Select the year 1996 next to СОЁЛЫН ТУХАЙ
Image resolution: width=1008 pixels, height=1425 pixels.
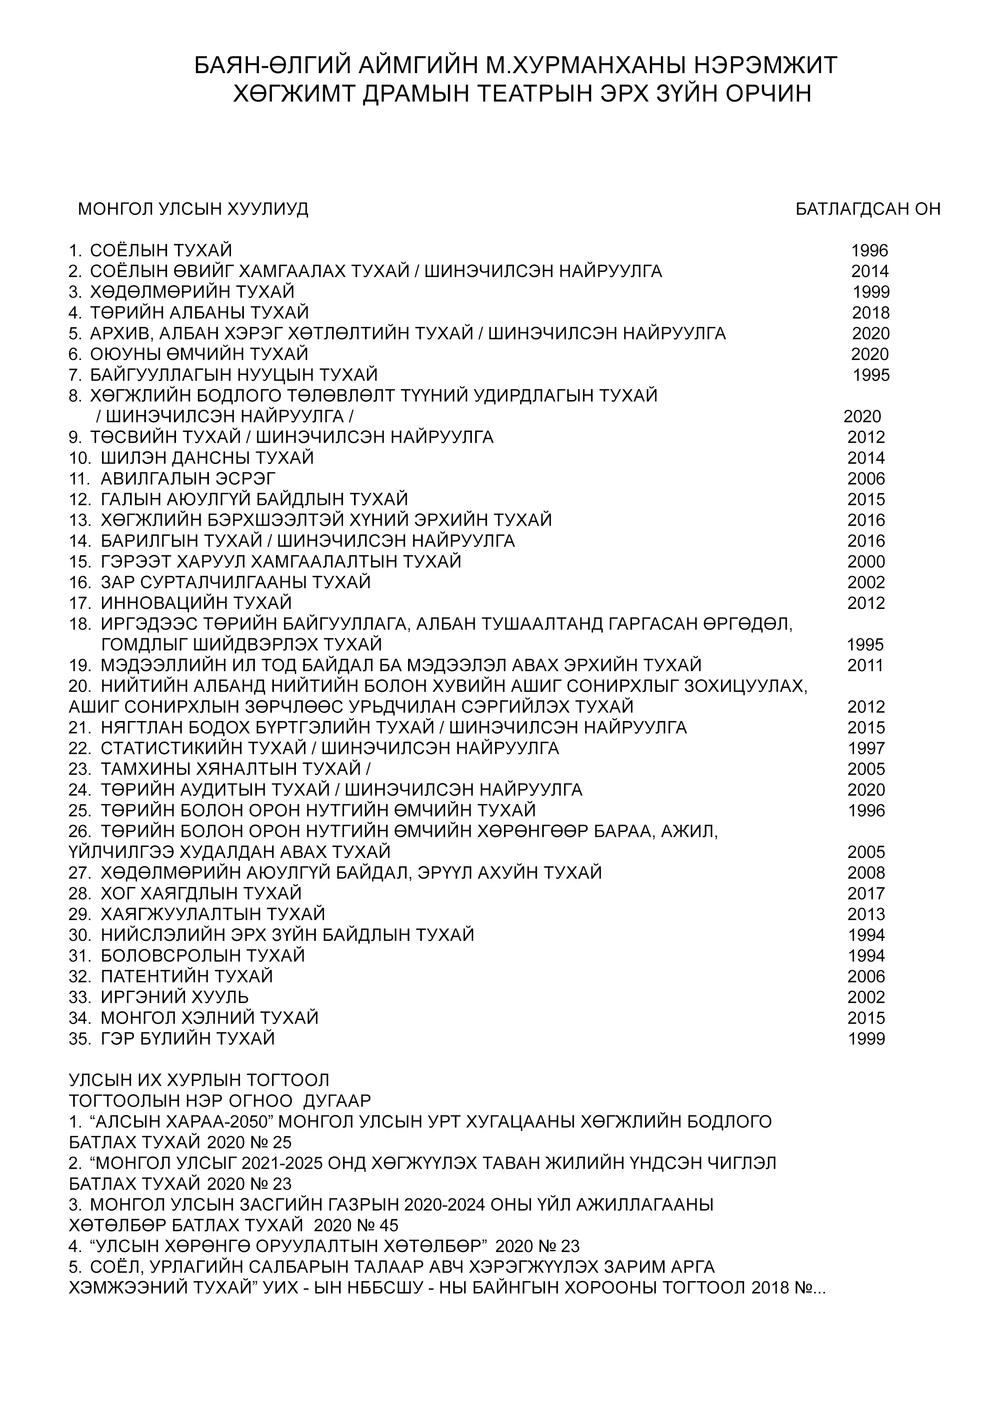(869, 251)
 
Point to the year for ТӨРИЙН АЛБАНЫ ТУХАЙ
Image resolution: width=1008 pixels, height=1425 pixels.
(871, 313)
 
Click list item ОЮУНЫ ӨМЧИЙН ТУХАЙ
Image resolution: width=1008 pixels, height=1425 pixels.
(199, 354)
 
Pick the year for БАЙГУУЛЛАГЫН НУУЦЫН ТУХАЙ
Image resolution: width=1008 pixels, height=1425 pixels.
(871, 375)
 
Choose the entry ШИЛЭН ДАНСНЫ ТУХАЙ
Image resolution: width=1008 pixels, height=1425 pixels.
(207, 458)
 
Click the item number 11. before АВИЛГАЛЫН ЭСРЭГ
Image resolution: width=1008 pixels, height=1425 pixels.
(80, 479)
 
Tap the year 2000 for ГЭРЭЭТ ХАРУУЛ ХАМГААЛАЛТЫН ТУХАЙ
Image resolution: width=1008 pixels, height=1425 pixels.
(866, 562)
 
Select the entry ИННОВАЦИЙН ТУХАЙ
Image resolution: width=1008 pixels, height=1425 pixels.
(196, 603)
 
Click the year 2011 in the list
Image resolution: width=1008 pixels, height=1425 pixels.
(865, 665)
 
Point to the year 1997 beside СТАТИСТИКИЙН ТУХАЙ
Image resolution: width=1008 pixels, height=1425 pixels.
(866, 749)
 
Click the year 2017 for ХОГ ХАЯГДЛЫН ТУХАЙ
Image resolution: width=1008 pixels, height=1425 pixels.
(866, 894)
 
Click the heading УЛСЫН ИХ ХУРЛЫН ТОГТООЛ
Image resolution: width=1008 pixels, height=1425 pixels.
(199, 1081)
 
